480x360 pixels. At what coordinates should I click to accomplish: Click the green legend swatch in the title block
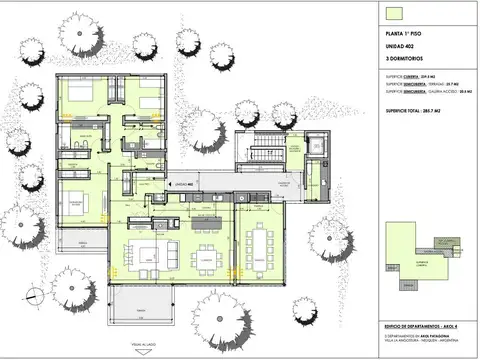[394, 13]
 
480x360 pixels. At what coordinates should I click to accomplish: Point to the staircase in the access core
[262, 155]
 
